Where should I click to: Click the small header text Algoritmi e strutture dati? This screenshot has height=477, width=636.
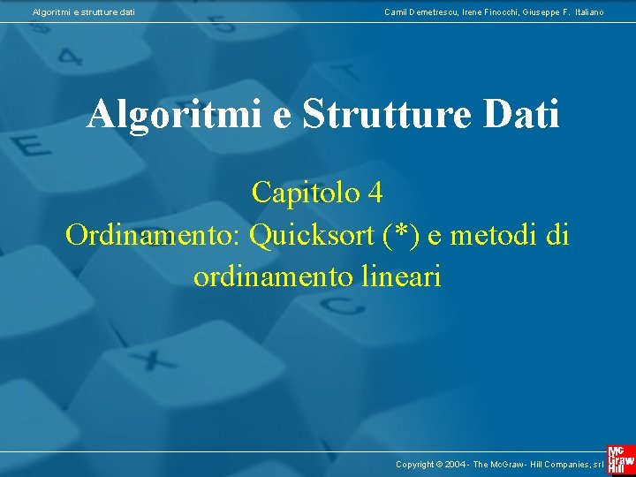[84, 11]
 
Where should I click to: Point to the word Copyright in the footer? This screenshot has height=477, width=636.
[415, 464]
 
